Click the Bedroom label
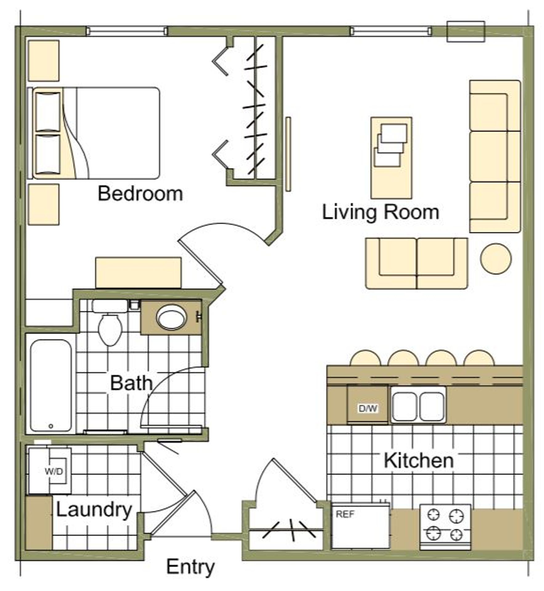[x=140, y=193]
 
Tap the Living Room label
[x=380, y=213]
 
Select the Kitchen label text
[x=419, y=460]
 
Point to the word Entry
[x=190, y=567]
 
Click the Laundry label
[x=94, y=510]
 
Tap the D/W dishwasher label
[x=368, y=408]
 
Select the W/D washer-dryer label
[x=54, y=471]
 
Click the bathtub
[x=51, y=385]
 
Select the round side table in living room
[x=496, y=259]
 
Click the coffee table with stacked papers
[x=391, y=158]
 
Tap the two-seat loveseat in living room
[x=417, y=263]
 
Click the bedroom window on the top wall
[x=127, y=31]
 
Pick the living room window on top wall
[x=390, y=31]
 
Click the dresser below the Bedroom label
[x=138, y=273]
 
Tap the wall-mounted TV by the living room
[x=288, y=154]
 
